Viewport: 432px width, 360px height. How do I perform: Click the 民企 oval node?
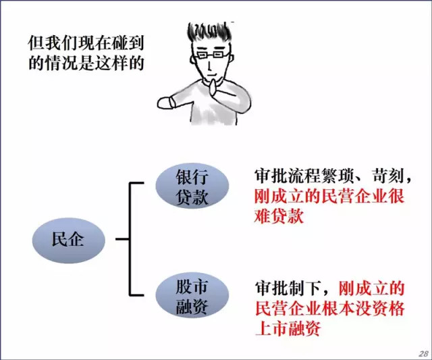(x=68, y=238)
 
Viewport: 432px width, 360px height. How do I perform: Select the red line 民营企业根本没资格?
(x=329, y=309)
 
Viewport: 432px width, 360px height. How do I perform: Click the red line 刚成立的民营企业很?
(x=329, y=197)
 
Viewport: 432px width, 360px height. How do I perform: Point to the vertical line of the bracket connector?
(x=130, y=238)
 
